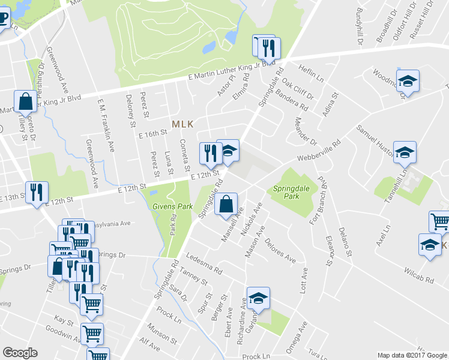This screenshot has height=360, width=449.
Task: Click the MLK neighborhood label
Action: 182,124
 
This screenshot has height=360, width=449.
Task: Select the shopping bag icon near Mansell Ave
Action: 226,204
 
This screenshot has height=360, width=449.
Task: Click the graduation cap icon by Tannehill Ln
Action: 405,153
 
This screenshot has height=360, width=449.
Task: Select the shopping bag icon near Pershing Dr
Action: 26,103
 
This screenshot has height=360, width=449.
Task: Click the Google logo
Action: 20,353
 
